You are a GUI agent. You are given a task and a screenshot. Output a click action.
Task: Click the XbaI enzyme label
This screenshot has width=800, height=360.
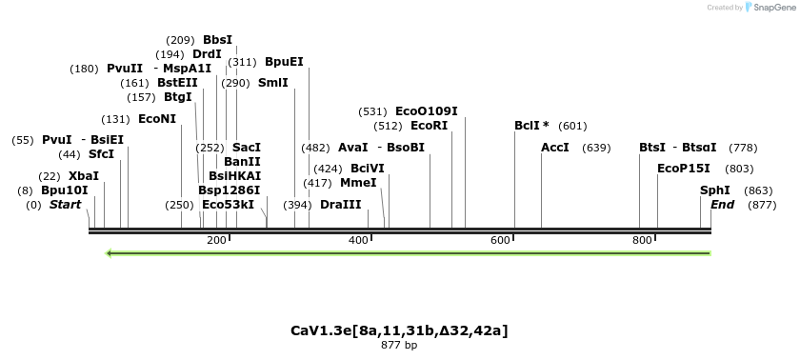click(x=84, y=176)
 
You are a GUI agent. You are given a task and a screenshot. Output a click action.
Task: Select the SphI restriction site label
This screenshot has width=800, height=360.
click(x=715, y=190)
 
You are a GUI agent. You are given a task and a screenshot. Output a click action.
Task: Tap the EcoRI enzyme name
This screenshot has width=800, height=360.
click(x=429, y=126)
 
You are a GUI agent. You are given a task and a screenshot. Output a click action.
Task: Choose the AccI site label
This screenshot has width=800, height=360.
click(x=554, y=148)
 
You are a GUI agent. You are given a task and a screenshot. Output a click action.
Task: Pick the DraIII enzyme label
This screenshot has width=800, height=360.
click(x=341, y=205)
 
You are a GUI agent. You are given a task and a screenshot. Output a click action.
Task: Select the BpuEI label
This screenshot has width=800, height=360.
click(x=284, y=61)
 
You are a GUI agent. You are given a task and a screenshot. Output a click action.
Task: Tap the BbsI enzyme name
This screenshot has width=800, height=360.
click(x=217, y=40)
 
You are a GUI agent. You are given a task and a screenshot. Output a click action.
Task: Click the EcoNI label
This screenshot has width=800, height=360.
click(x=157, y=119)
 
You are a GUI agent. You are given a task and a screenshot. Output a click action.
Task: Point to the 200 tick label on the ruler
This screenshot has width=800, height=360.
click(x=216, y=241)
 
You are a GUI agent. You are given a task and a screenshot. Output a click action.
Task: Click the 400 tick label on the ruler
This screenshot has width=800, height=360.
click(x=358, y=241)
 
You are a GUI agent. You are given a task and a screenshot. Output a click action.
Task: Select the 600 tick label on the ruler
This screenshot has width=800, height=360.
click(x=501, y=241)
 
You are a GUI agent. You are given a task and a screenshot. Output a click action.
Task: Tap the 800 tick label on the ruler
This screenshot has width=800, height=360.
click(x=643, y=241)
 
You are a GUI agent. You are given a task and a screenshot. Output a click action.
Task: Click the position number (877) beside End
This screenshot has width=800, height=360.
click(x=763, y=205)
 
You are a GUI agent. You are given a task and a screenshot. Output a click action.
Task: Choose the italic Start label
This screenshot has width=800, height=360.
click(x=65, y=205)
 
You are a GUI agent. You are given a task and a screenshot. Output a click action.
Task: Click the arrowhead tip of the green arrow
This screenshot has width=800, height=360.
click(x=109, y=253)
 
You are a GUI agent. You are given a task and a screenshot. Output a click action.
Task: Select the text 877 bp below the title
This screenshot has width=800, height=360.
click(x=399, y=345)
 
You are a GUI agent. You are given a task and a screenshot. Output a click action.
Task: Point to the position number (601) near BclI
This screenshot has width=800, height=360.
click(x=573, y=126)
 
